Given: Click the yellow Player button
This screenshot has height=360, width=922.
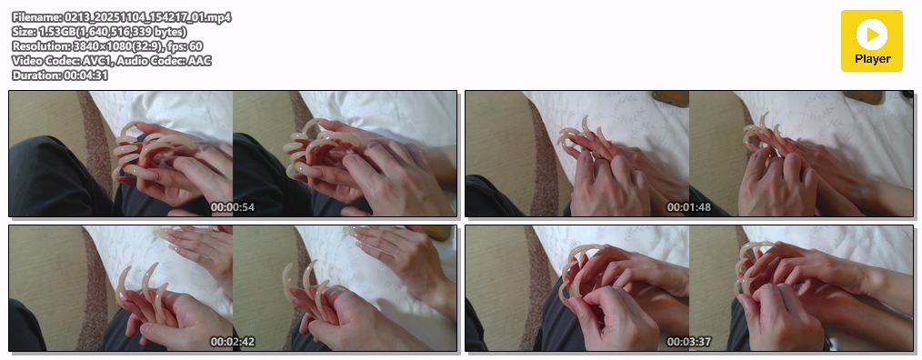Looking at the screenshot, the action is [x=871, y=41].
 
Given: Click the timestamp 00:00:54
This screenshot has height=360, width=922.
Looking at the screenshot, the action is [x=232, y=207].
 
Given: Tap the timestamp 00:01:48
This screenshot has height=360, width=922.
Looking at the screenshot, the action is [x=688, y=207].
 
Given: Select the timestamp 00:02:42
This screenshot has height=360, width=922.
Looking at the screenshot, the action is [x=232, y=342].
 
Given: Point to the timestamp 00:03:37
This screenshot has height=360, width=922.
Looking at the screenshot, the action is [x=688, y=342].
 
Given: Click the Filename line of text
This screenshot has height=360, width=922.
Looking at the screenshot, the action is [x=122, y=17].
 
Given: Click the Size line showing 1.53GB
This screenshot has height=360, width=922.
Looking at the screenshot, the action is [x=99, y=32].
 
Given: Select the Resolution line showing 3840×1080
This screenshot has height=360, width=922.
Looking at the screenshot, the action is [x=107, y=45].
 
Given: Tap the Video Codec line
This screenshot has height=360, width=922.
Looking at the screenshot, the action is [x=112, y=61].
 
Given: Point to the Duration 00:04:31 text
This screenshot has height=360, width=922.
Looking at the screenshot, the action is [x=60, y=75].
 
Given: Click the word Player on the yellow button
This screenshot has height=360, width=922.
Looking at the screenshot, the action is [x=873, y=59].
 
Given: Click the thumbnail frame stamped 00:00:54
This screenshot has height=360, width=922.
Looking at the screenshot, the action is [x=233, y=154].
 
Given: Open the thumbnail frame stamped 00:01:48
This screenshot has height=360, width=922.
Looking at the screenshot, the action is [x=689, y=154].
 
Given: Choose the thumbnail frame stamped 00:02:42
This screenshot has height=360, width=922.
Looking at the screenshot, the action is [x=233, y=288].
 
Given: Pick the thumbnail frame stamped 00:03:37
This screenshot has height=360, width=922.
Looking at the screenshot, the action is [x=689, y=288].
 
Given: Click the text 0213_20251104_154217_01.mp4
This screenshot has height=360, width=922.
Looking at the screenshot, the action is [x=147, y=17].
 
